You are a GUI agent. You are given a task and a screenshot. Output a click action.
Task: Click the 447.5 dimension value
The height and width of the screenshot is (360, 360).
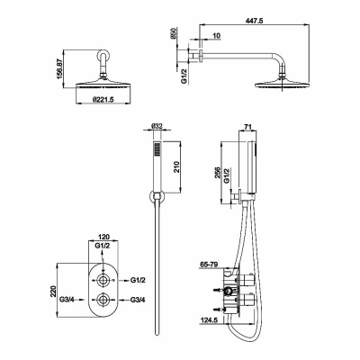tap(254, 20)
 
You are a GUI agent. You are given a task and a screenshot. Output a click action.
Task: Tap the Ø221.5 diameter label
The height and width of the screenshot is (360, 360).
tap(103, 99)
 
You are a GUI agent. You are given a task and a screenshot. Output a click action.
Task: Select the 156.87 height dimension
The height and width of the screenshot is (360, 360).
tap(59, 69)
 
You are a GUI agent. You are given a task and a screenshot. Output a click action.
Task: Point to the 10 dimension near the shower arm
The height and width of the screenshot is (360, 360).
tap(217, 35)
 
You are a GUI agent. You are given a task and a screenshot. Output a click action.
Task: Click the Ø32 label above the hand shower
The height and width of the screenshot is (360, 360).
tap(157, 126)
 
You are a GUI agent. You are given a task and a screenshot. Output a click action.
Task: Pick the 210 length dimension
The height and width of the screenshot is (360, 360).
tap(176, 166)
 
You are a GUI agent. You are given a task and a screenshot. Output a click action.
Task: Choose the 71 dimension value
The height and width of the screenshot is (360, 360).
tap(247, 126)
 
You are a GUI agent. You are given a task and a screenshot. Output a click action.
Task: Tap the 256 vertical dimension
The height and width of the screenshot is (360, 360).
tap(218, 173)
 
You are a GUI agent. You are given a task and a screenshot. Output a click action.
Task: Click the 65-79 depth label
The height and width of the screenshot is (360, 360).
tap(210, 265)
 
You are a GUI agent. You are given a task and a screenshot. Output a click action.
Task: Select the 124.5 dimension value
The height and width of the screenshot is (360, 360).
tap(209, 320)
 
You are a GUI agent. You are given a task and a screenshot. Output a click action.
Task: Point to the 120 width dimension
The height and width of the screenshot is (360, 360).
tap(103, 237)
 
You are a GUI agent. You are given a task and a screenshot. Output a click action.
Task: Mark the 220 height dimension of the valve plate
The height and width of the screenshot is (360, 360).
tap(54, 291)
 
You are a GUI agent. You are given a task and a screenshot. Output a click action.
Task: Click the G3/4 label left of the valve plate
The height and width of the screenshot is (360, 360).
tap(67, 299)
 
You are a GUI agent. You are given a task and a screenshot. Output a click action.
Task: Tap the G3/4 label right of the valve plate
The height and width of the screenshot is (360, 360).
tap(138, 300)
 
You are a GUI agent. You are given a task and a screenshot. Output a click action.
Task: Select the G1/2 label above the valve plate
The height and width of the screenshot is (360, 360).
tap(103, 246)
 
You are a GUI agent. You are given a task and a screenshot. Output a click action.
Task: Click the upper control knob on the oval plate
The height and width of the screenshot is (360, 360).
tap(103, 280)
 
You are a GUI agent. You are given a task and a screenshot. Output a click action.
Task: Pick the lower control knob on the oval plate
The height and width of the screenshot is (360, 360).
tap(103, 300)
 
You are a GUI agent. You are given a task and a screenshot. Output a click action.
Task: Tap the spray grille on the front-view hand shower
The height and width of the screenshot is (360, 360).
tap(157, 149)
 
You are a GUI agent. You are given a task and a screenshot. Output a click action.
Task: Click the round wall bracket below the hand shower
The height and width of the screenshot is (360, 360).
tap(157, 198)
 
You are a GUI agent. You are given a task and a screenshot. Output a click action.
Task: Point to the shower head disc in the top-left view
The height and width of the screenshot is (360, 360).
tap(103, 84)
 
